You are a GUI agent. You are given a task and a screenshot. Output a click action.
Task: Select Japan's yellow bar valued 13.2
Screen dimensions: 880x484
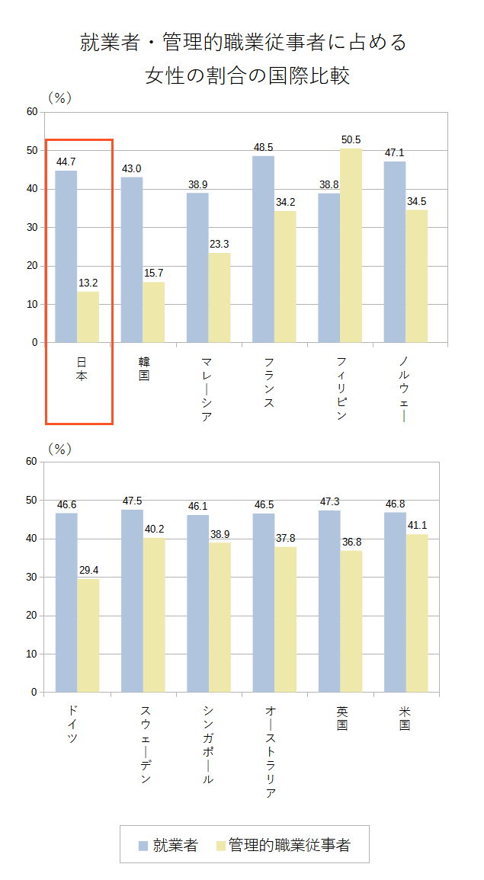pos(88,317)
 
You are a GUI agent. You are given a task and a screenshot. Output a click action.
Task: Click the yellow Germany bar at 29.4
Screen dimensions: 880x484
pos(88,635)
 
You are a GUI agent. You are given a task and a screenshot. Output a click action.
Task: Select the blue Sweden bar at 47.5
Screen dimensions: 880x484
pos(132,601)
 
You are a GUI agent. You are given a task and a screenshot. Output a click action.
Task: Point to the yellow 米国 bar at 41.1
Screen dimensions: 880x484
pos(416,613)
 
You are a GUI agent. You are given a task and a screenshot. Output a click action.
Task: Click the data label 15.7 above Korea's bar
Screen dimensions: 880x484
pos(153,273)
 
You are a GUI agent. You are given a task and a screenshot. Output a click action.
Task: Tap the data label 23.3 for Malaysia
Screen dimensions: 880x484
pos(219,244)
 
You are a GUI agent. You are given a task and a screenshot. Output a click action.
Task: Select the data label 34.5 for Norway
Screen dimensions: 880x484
pos(416,201)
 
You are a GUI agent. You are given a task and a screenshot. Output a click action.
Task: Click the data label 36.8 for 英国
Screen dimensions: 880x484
pos(351,542)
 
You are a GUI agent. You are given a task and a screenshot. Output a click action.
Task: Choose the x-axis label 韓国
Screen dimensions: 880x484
pos(144,368)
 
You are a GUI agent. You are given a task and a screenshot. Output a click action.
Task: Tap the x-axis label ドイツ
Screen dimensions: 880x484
pos(73,723)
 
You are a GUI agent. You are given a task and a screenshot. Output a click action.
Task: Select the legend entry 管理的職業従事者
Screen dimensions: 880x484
pos(289,845)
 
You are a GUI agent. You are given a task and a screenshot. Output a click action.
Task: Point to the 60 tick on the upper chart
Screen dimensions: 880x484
pos(32,112)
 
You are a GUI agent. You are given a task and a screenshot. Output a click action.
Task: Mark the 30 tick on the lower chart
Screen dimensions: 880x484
pos(32,577)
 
